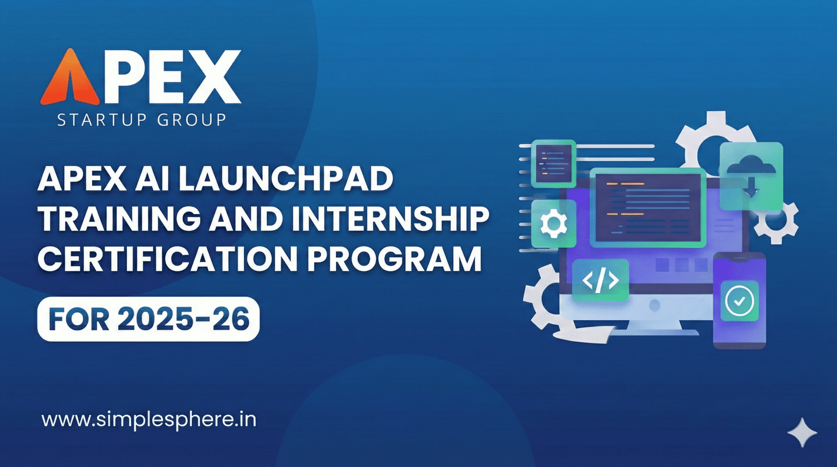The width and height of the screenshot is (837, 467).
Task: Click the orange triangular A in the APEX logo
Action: point(70,78)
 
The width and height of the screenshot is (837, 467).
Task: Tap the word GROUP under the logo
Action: point(191,120)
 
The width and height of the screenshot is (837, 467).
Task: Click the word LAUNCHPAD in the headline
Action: point(286,179)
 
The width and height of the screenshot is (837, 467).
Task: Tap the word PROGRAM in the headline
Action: point(394,259)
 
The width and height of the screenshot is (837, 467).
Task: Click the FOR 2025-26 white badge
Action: point(149,319)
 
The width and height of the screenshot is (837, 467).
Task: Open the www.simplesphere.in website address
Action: point(149,419)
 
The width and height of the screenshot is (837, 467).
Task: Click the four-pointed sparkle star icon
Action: point(802,432)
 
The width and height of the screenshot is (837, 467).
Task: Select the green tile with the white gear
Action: point(553,224)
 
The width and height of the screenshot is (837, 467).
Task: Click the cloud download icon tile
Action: point(751,175)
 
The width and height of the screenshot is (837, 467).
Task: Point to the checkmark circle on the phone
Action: point(740,301)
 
